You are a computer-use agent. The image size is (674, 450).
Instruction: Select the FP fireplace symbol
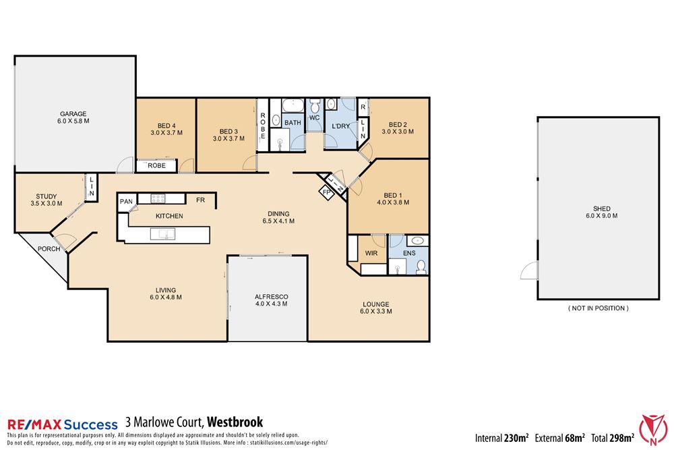tap(326, 192)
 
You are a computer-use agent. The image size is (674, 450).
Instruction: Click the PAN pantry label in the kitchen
tap(126, 201)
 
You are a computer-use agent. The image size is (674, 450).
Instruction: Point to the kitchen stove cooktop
tap(158, 198)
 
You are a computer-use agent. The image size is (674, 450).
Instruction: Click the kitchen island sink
tap(163, 234)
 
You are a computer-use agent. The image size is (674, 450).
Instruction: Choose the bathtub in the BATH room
tap(293, 107)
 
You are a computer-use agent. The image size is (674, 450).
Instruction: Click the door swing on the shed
tap(529, 271)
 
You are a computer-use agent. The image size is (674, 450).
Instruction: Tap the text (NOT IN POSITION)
tap(599, 308)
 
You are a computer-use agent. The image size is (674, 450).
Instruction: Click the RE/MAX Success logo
tap(59, 424)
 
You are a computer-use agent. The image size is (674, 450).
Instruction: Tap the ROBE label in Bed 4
tap(156, 165)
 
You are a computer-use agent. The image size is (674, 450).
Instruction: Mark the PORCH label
tap(49, 249)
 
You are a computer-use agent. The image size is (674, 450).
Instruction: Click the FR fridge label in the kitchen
tap(200, 200)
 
